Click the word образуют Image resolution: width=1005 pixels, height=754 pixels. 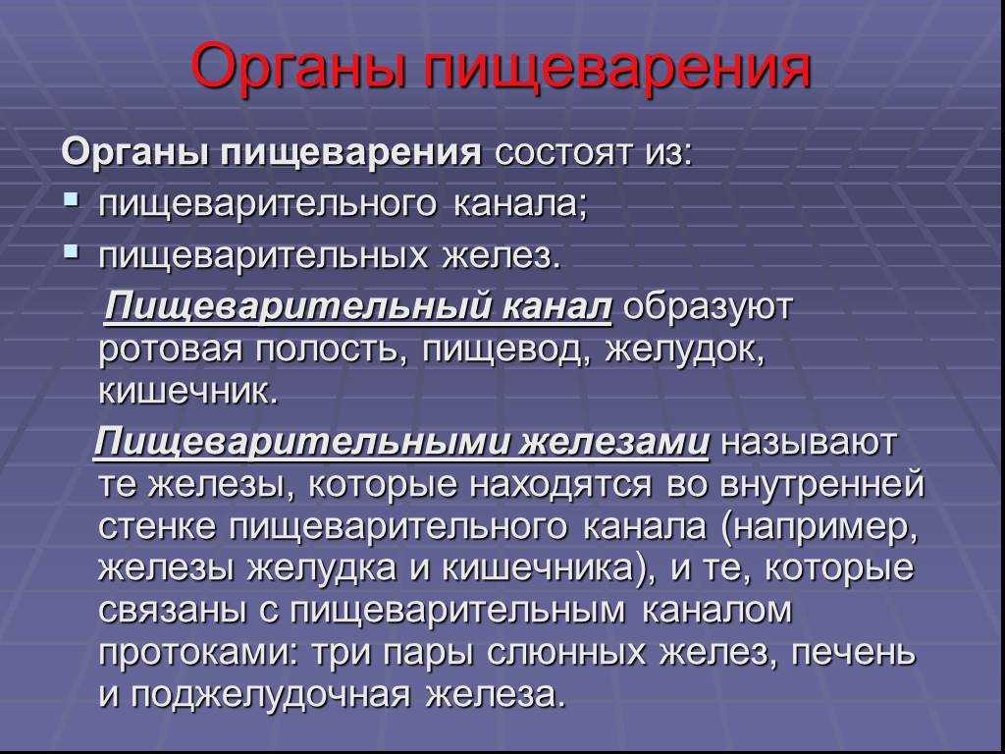tap(709, 307)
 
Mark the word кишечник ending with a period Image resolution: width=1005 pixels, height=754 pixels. tap(188, 391)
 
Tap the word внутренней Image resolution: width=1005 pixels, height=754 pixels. tap(822, 485)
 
